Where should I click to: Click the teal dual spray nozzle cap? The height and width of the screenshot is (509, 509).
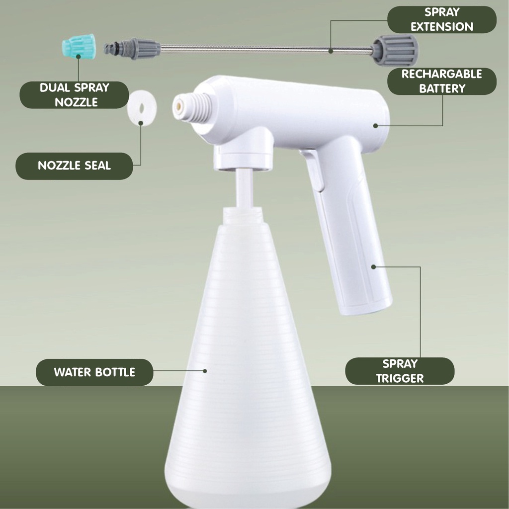79,44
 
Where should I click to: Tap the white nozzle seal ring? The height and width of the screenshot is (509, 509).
142,108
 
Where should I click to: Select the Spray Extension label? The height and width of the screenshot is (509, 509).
442,19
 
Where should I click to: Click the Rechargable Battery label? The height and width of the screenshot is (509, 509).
442,81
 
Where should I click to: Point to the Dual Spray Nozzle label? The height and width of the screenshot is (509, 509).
75,95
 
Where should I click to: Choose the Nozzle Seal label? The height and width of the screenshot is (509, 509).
75,166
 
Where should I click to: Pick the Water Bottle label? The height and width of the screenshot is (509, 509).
94,372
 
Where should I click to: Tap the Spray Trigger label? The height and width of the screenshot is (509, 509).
400,371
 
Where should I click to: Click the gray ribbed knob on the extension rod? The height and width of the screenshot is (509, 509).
395,50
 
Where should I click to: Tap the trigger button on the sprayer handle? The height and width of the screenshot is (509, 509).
312,171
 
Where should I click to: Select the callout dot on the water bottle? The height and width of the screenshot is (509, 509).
205,371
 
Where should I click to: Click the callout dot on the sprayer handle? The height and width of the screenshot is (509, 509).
374,267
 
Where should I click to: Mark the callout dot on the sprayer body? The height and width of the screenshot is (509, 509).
376,126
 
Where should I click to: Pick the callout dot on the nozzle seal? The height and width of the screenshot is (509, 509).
141,123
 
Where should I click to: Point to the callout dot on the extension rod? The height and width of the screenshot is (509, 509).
331,51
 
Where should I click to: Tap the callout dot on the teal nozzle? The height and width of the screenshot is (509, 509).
78,57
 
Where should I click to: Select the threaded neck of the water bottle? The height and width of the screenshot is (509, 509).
243,215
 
